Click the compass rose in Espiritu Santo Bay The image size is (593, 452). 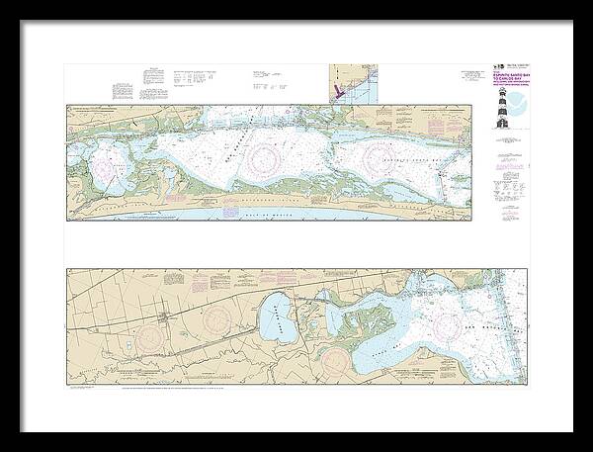click(x=382, y=157)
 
